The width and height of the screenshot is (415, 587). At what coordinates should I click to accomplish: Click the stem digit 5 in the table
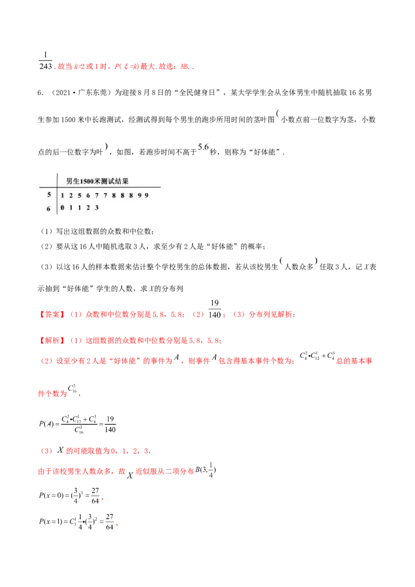pyautogui.click(x=49, y=195)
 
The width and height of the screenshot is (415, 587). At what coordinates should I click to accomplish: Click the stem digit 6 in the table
pyautogui.click(x=49, y=208)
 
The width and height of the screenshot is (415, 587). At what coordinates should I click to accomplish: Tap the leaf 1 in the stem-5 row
pyautogui.click(x=62, y=195)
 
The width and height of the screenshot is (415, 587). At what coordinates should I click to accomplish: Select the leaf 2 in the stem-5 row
pyautogui.click(x=71, y=195)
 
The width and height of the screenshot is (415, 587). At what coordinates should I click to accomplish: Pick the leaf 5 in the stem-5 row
pyautogui.click(x=80, y=195)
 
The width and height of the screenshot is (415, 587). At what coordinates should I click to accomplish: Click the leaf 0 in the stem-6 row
pyautogui.click(x=62, y=207)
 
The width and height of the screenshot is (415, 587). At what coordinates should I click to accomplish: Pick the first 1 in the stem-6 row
pyautogui.click(x=71, y=207)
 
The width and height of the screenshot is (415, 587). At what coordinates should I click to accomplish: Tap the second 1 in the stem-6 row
pyautogui.click(x=80, y=207)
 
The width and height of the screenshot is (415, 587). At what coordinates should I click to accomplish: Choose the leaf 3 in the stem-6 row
pyautogui.click(x=97, y=207)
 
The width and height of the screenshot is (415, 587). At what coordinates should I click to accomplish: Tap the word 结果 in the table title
pyautogui.click(x=122, y=181)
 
